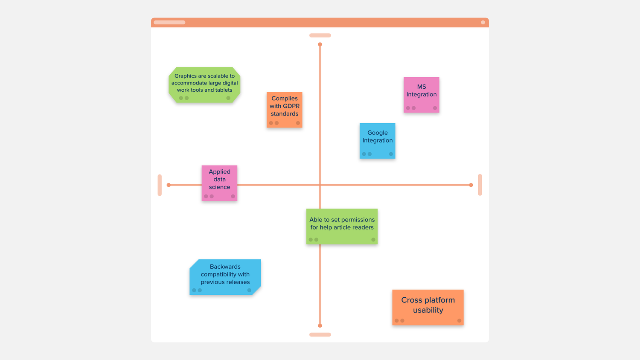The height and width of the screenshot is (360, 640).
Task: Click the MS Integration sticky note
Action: [422, 95]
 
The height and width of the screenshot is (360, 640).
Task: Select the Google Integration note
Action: [378, 141]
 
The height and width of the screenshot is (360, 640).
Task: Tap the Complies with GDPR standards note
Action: [285, 110]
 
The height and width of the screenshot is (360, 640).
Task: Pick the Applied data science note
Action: [219, 183]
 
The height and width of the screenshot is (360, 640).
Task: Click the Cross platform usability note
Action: [428, 308]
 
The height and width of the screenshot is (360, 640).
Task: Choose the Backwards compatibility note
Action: [225, 277]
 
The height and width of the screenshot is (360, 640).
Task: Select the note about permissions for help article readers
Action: [342, 226]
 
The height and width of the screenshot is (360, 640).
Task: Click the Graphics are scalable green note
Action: [204, 85]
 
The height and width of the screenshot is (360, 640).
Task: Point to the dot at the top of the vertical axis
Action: [320, 44]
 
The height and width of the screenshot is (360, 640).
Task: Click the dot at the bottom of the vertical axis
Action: [320, 326]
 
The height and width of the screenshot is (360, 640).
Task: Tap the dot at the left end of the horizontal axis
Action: [169, 185]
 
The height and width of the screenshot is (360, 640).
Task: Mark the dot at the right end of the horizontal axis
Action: [471, 185]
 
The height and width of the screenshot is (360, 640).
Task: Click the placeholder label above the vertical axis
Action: [320, 35]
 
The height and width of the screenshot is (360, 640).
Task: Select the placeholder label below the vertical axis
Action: [320, 334]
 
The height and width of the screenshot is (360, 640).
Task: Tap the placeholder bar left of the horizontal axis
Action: [160, 185]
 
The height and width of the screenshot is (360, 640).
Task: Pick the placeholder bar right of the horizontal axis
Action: [480, 185]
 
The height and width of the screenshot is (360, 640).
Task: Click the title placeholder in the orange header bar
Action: [169, 22]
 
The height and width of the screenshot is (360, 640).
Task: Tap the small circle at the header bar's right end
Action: [483, 22]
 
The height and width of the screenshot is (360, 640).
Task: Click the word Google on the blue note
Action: [378, 133]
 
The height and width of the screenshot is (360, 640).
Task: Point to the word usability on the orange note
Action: [428, 310]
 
